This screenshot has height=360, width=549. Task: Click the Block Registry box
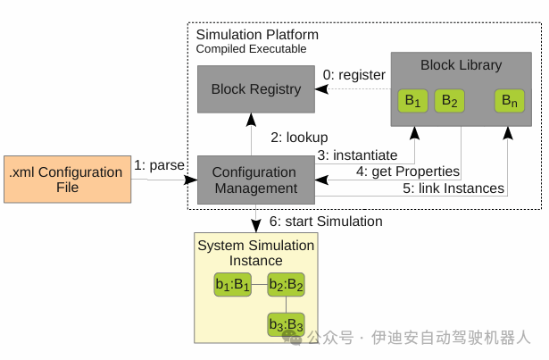[256, 89]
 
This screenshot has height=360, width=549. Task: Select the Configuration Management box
[256, 180]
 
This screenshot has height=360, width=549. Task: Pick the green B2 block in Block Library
[449, 101]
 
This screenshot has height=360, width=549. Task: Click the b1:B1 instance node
[233, 286]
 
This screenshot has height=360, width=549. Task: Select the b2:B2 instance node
[287, 286]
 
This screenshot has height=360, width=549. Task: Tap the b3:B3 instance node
[287, 323]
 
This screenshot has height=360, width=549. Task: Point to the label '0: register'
[354, 75]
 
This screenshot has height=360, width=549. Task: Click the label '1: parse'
[160, 165]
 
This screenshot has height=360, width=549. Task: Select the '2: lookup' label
[300, 138]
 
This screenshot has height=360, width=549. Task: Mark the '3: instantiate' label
[357, 155]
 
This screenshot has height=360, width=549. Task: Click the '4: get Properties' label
[408, 171]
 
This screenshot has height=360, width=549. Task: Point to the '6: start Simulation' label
[326, 221]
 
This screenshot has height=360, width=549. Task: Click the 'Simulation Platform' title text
[257, 35]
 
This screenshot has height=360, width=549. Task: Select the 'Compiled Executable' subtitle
[252, 48]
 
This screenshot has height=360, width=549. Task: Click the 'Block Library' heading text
[461, 64]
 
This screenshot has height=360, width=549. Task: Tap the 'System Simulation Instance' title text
[255, 253]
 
